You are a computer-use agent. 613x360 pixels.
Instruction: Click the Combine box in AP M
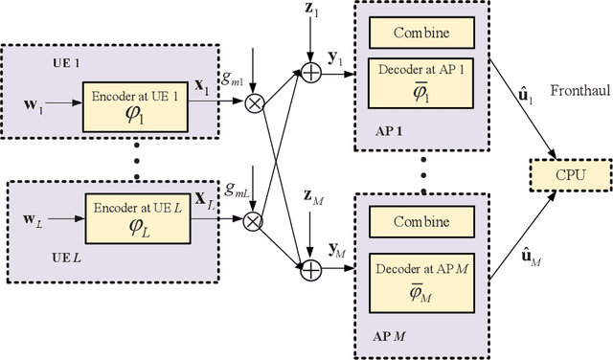pos(423,222)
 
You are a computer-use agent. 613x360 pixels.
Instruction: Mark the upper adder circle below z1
pos(310,69)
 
